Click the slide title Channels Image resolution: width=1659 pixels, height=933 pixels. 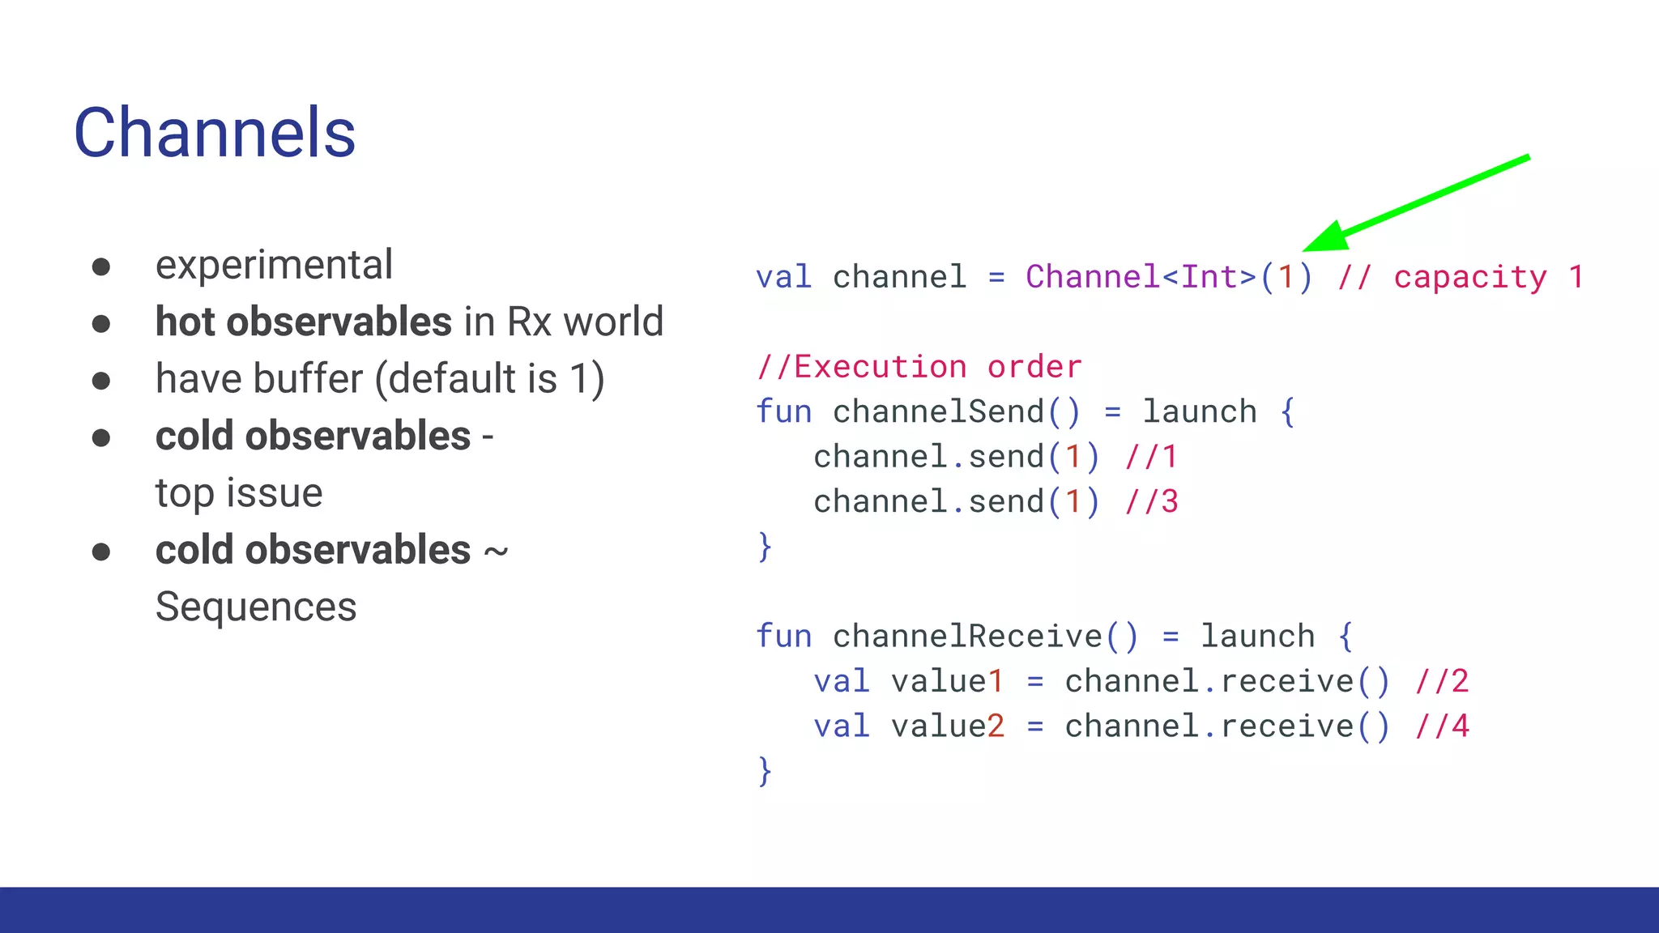(215, 133)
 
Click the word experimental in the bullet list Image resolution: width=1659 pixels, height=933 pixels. (274, 265)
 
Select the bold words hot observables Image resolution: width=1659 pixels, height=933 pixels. (303, 322)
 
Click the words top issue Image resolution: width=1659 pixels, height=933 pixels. (239, 493)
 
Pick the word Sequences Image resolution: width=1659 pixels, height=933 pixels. (256, 607)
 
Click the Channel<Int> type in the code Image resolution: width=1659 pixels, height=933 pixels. (1141, 277)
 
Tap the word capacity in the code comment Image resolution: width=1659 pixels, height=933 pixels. (1470, 277)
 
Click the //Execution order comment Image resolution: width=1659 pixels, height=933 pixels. (919, 367)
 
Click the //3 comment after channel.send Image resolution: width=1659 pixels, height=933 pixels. (1151, 502)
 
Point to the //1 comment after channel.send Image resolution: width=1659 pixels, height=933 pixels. (1151, 458)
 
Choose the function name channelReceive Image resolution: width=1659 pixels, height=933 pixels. (967, 637)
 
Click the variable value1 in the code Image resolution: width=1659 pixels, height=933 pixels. (947, 681)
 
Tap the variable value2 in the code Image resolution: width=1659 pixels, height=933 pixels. (947, 726)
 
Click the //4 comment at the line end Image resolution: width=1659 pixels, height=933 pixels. (1442, 726)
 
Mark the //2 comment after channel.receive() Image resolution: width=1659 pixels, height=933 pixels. (1442, 681)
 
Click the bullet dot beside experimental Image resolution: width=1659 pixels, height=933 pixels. (101, 267)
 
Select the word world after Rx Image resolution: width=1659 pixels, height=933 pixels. (613, 322)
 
